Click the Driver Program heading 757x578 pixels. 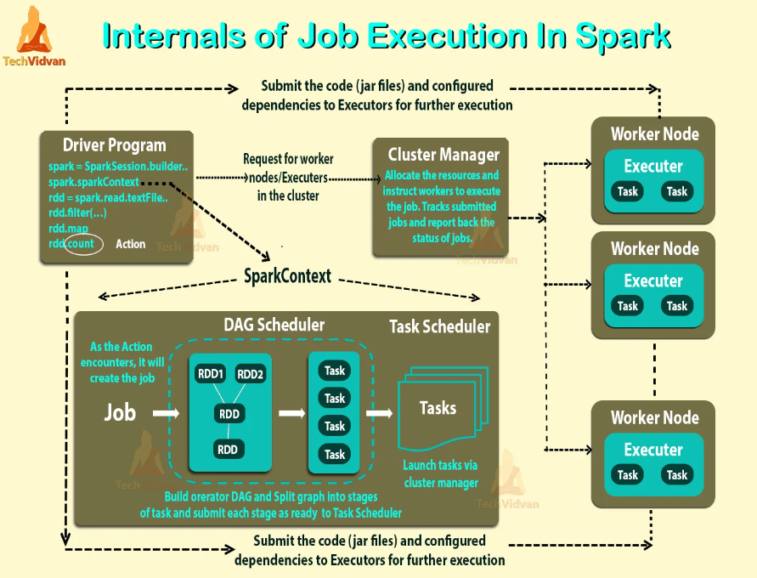click(x=114, y=144)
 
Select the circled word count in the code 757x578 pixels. click(x=82, y=244)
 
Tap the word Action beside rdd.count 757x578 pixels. click(x=130, y=244)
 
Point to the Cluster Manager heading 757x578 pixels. click(x=443, y=154)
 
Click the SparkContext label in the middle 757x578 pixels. click(x=287, y=277)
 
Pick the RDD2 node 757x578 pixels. click(x=251, y=374)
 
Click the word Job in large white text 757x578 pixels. click(x=120, y=413)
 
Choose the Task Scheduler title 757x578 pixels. click(x=439, y=326)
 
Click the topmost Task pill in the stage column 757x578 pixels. click(x=335, y=371)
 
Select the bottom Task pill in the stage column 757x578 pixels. click(x=335, y=454)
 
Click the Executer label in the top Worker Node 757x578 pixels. click(x=653, y=166)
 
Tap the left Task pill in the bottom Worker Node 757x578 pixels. click(x=628, y=475)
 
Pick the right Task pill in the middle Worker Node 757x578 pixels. click(x=677, y=306)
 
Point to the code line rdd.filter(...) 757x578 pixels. click(x=77, y=212)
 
